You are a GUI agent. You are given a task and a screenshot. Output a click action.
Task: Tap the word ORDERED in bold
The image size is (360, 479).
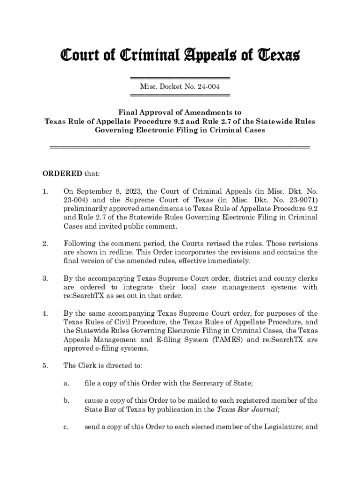(x=59, y=174)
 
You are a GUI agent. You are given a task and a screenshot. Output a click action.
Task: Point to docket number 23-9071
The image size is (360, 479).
(x=301, y=200)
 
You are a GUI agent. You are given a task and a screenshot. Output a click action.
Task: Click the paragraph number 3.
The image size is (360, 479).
(x=45, y=278)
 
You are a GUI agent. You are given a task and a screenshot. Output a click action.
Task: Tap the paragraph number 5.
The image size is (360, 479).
(x=45, y=365)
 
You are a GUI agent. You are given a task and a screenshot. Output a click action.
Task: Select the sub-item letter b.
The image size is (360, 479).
(x=67, y=400)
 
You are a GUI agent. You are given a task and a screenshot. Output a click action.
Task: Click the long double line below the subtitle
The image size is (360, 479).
(x=180, y=148)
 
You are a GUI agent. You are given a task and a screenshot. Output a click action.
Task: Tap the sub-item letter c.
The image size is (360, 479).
(x=66, y=427)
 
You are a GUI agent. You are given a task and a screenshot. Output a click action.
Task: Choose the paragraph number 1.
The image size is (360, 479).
(x=45, y=191)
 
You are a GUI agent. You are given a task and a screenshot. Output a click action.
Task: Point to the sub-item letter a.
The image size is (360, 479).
(x=66, y=383)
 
